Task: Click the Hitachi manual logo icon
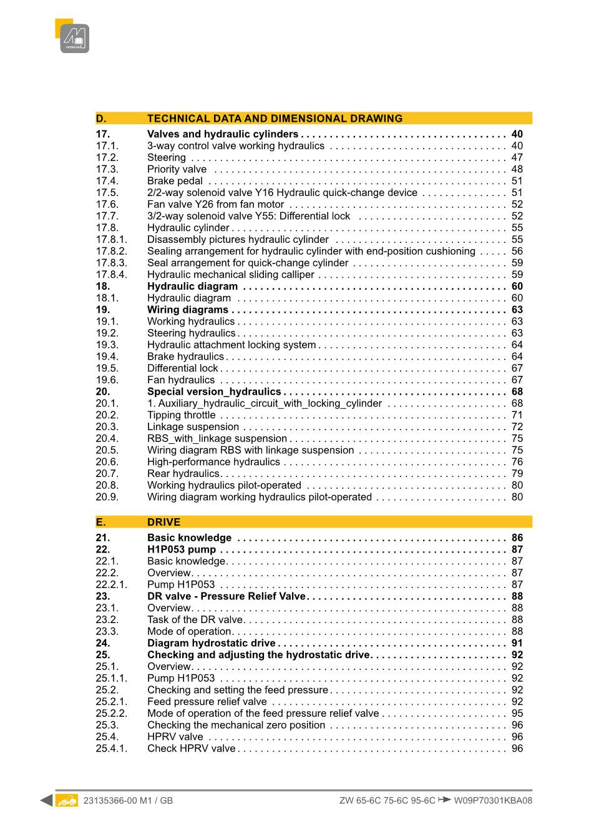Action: click(x=74, y=38)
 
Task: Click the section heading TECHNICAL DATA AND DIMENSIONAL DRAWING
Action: click(x=275, y=119)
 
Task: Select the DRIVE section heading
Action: click(x=163, y=523)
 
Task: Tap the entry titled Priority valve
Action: click(x=177, y=169)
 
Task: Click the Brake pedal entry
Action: click(x=175, y=181)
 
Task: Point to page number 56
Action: click(x=517, y=251)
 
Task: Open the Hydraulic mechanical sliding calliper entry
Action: click(x=230, y=275)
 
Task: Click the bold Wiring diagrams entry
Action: click(x=187, y=310)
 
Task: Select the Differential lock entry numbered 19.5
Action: click(x=182, y=368)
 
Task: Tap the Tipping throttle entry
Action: click(x=181, y=415)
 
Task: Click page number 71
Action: click(x=517, y=415)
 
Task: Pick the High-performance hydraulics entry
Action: click(x=213, y=462)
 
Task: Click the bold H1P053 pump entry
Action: click(x=181, y=549)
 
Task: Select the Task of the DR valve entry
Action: click(x=195, y=620)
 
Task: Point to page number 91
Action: click(x=517, y=643)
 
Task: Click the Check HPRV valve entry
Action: click(x=191, y=749)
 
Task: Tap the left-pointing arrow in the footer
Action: click(x=46, y=800)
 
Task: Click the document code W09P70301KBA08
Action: click(x=493, y=800)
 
